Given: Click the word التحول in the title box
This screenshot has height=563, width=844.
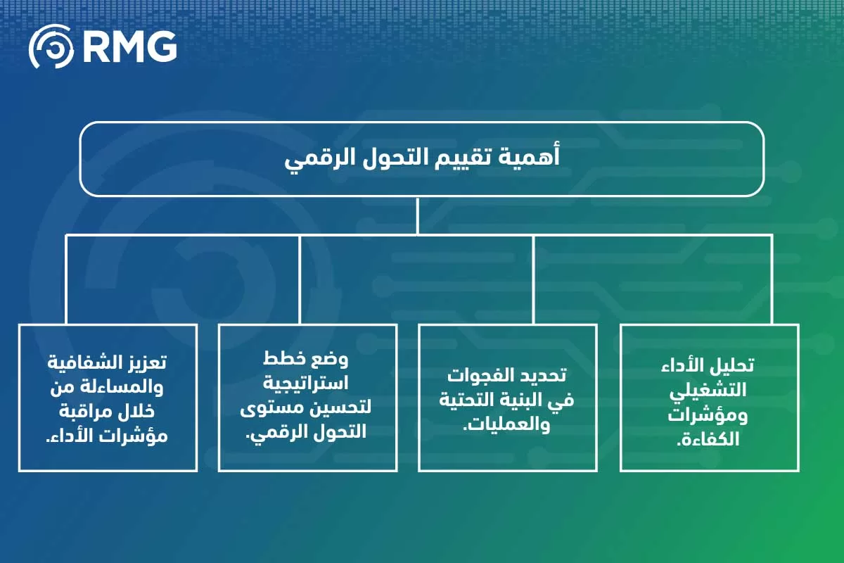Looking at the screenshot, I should click(x=393, y=158).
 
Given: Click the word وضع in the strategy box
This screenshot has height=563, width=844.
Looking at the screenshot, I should click(x=330, y=360).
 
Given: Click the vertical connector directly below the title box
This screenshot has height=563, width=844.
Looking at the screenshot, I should click(x=418, y=215).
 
